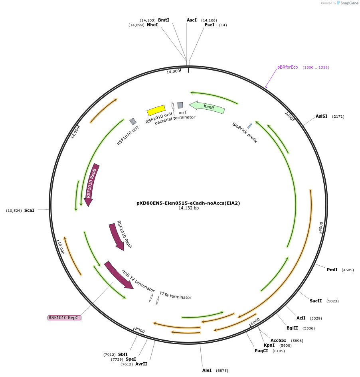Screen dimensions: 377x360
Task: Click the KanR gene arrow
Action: tap(208, 107)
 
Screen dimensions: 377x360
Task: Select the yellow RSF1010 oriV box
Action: tap(156, 110)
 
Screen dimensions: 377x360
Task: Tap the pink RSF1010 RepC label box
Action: tap(64, 318)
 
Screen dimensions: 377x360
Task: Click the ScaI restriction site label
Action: tap(29, 210)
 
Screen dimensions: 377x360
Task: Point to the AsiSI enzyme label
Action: tap(321, 116)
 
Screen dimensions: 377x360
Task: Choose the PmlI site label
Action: tap(332, 270)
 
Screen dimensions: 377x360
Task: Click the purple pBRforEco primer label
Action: tap(287, 67)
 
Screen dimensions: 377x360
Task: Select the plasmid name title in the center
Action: tap(188, 203)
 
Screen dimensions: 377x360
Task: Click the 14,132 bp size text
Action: tap(188, 208)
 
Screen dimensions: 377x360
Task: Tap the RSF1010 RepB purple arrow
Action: tap(92, 184)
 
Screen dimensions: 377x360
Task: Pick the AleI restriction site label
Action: tap(207, 371)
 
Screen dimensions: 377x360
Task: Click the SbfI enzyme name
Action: tap(123, 354)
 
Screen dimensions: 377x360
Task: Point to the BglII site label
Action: tap(292, 328)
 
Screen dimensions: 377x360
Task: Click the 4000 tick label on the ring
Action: tap(321, 227)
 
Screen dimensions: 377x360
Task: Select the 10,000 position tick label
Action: tap(61, 248)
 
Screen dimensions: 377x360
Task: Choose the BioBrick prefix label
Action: tap(244, 133)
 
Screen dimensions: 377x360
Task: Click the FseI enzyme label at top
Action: tap(209, 25)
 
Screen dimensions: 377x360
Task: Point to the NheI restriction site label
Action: tap(152, 25)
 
